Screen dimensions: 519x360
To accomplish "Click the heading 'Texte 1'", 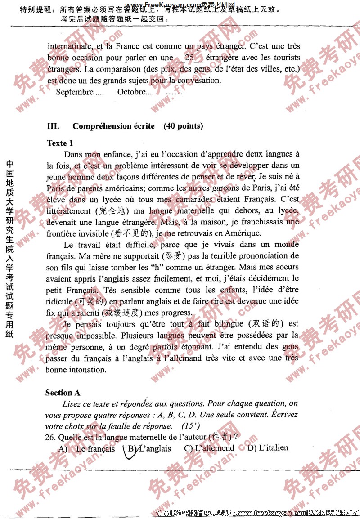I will (60, 143).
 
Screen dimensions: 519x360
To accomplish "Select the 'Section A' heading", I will (63, 393).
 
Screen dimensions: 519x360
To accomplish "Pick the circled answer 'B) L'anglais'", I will (149, 449).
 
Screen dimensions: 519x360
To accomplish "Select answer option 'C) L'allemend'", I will (209, 448).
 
